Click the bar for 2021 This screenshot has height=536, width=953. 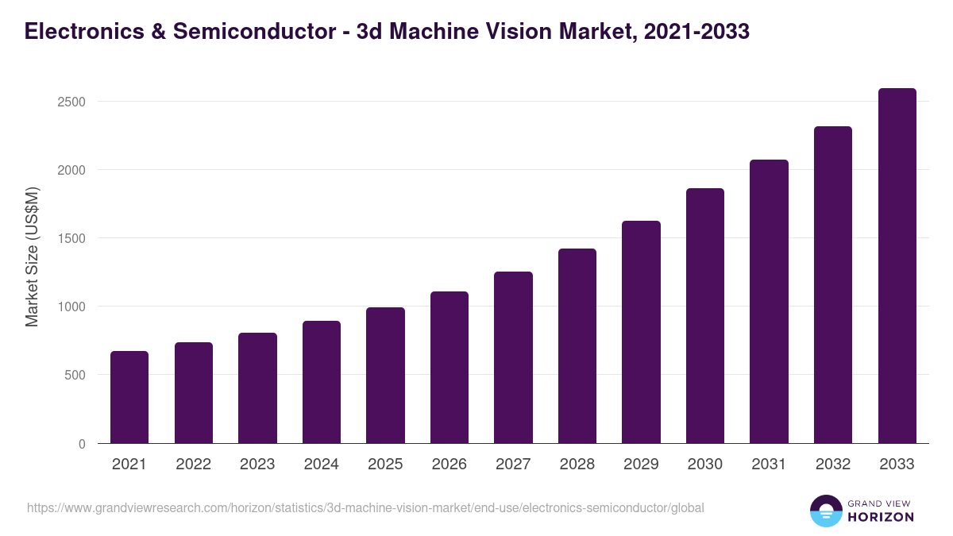129,397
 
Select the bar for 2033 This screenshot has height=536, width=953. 897,266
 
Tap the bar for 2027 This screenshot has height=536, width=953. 513,357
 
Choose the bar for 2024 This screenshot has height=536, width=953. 322,382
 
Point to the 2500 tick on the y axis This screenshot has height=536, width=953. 71,102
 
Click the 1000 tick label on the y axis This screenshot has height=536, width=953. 71,307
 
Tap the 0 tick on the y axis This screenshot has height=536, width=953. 82,444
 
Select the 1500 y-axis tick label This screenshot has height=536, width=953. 71,238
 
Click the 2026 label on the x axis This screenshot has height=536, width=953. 449,465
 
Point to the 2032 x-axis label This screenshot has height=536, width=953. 833,465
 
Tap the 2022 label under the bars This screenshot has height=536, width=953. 194,465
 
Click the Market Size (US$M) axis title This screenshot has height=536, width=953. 32,257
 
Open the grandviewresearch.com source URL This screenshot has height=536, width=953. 365,507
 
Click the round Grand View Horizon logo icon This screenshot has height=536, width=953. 825,511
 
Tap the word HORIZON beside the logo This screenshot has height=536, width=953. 881,517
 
